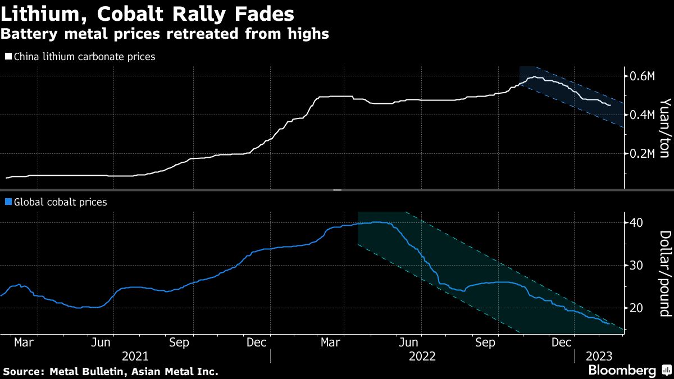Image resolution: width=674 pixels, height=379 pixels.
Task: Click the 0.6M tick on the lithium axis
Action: tap(640, 76)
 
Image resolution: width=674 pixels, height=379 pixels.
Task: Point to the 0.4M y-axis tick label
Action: tap(640, 115)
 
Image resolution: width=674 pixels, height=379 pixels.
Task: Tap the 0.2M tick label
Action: tap(640, 153)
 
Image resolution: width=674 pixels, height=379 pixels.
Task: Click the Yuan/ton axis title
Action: tap(665, 129)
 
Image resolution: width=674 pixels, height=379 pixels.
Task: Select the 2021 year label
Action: tap(135, 356)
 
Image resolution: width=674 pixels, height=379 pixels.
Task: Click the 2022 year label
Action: tap(422, 356)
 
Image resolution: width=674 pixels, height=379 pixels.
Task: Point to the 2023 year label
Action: tap(599, 356)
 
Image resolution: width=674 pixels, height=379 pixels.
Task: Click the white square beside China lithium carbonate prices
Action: tap(8, 57)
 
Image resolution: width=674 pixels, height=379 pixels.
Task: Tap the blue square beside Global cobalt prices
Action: tap(8, 202)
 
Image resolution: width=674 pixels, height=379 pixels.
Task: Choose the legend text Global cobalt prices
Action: tap(60, 202)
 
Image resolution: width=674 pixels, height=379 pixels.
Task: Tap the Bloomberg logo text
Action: tap(622, 371)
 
